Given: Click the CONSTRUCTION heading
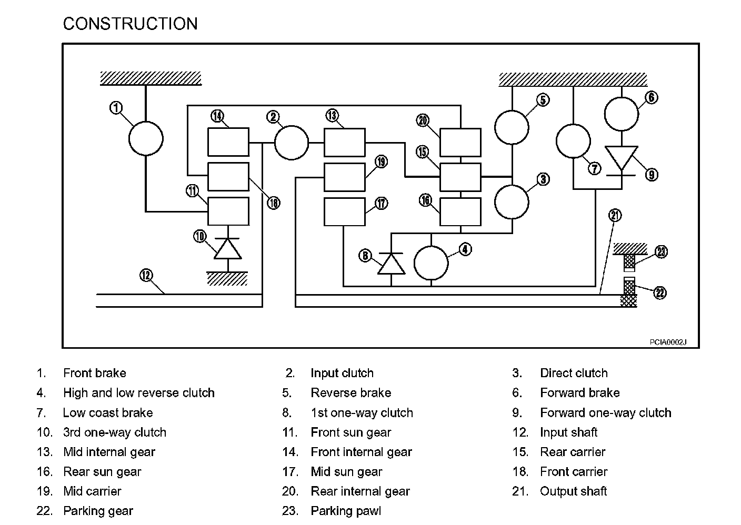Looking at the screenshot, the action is point(131,24).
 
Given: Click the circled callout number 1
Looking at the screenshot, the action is point(116,108).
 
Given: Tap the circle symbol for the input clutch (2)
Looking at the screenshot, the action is point(292,143).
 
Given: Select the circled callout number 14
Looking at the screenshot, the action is point(217,116).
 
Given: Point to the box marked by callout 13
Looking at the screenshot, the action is point(345,143).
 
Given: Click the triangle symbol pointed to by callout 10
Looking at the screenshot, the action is point(227,249).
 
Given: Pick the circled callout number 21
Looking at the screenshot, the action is point(615,216).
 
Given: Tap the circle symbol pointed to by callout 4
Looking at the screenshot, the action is point(431,263).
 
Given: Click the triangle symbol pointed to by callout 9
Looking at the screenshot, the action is point(621,158).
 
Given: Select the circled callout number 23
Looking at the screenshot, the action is point(661,252).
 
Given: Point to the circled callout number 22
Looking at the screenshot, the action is point(659,293).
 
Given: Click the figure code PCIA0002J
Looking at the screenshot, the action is point(668,342).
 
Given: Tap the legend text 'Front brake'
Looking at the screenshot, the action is point(95,373).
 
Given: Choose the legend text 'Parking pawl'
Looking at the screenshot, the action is point(346,511).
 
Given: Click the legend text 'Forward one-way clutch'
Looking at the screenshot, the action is point(605,412).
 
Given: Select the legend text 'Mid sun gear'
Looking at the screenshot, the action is point(346,472).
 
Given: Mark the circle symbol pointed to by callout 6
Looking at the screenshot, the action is point(621,114).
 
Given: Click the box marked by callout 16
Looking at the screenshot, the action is point(460,212).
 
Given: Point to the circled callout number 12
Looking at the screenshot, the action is point(146,275).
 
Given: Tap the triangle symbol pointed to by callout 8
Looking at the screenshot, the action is point(392,264).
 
